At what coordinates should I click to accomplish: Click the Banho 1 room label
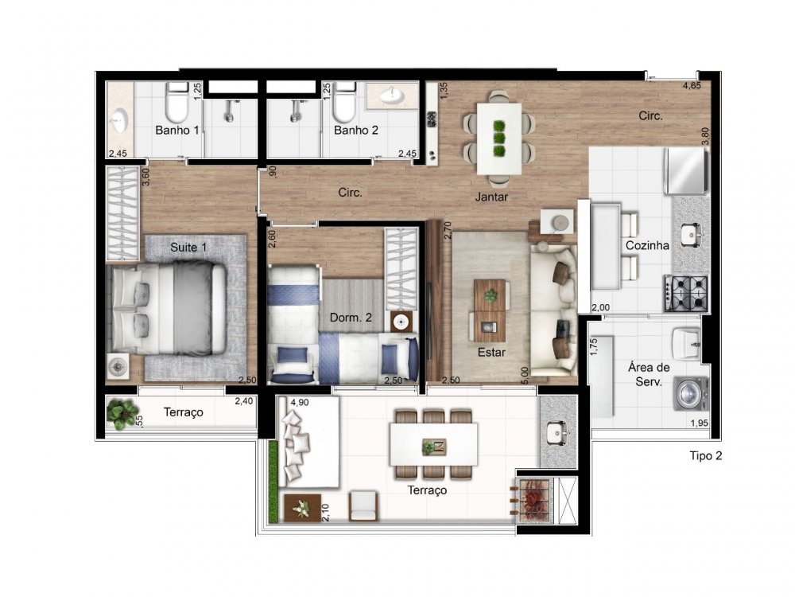[177, 131]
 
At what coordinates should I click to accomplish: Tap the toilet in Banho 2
[344, 102]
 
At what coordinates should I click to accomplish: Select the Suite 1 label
[188, 248]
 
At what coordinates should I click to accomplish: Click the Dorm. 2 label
[351, 318]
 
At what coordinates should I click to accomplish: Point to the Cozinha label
[647, 246]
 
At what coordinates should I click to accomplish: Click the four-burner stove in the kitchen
[687, 294]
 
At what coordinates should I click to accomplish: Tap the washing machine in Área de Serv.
[690, 394]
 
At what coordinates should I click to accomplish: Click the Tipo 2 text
[706, 456]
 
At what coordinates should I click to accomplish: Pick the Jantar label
[491, 197]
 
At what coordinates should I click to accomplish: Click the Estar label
[491, 352]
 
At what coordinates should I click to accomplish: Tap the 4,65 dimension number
[692, 86]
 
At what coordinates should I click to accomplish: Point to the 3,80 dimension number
[705, 136]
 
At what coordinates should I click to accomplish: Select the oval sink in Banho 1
[120, 121]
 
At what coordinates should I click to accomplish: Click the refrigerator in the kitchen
[687, 170]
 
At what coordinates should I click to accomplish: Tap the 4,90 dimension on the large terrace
[300, 403]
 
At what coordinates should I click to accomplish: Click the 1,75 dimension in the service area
[595, 347]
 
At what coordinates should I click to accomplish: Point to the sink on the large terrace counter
[557, 432]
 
